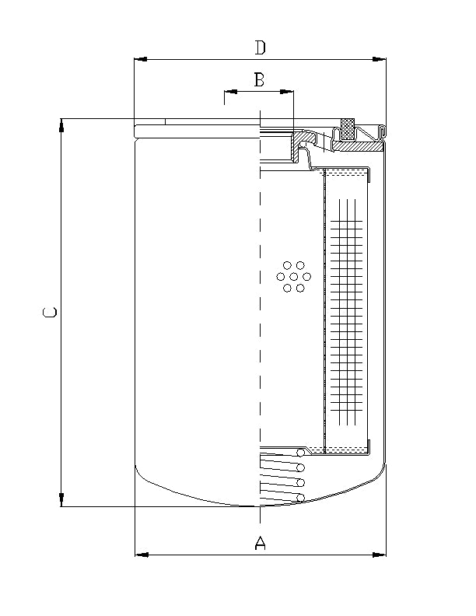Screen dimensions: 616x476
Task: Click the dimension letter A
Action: pos(261,543)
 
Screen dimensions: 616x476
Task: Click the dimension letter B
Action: pos(259,79)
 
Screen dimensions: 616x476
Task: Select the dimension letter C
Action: pos(49,313)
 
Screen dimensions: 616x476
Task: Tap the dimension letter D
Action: pos(261,47)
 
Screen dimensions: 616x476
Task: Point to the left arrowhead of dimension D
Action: pos(140,59)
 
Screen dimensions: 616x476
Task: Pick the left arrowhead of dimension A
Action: pos(142,555)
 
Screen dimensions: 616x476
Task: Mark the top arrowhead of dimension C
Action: pos(62,124)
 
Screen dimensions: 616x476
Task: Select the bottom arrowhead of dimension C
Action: pos(62,501)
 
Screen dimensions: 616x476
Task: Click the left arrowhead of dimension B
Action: pos(229,92)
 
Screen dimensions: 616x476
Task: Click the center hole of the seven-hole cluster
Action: pos(293,276)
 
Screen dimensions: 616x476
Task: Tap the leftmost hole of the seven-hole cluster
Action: pos(281,276)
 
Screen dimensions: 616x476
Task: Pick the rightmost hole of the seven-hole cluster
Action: pos(306,276)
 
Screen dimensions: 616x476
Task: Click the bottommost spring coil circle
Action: pos(299,498)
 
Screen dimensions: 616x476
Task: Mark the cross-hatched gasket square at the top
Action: pos(348,128)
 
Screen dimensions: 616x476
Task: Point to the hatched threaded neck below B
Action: pos(296,148)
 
